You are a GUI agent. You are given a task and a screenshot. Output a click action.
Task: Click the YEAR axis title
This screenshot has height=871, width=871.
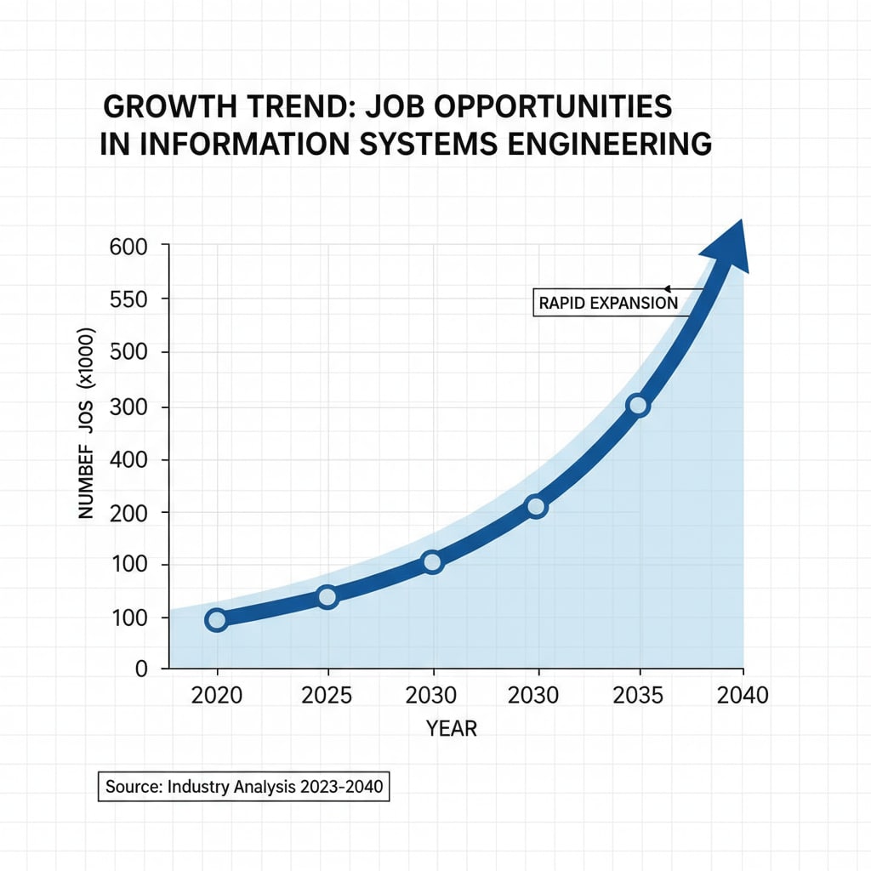coord(452,728)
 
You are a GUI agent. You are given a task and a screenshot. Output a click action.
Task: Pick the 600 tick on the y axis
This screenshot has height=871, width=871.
coord(129,247)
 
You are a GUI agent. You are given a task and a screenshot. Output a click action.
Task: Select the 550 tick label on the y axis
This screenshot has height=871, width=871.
coord(129,299)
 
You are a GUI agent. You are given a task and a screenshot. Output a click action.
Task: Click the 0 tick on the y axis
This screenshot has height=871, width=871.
coord(140,669)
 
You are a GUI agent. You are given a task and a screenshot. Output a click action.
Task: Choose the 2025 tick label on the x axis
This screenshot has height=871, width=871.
coord(327,695)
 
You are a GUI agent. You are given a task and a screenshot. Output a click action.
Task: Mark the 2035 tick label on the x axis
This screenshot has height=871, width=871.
coord(638,695)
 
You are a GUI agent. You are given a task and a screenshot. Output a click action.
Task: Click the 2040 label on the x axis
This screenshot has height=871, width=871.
coord(742,695)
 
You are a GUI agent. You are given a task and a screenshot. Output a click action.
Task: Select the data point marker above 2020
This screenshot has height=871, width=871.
coord(216,619)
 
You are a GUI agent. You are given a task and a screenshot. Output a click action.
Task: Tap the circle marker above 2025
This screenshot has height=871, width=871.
coord(327,597)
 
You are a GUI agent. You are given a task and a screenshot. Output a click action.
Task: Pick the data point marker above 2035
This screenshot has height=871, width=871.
coord(638,406)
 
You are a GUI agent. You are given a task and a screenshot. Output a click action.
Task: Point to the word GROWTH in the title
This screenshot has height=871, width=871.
coord(170,107)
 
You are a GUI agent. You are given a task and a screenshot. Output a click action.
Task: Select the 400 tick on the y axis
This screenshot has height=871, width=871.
coord(129,459)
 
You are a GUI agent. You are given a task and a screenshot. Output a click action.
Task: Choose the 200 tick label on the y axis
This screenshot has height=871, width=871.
coord(129,512)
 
